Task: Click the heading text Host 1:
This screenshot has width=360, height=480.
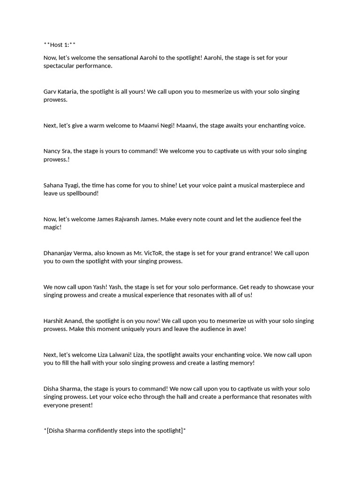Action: tap(59, 45)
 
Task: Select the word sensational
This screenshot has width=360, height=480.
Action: tap(121, 58)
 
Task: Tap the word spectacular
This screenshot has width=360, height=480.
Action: tap(62, 66)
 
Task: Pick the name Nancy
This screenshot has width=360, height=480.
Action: tap(52, 151)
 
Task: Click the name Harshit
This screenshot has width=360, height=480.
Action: tap(54, 321)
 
